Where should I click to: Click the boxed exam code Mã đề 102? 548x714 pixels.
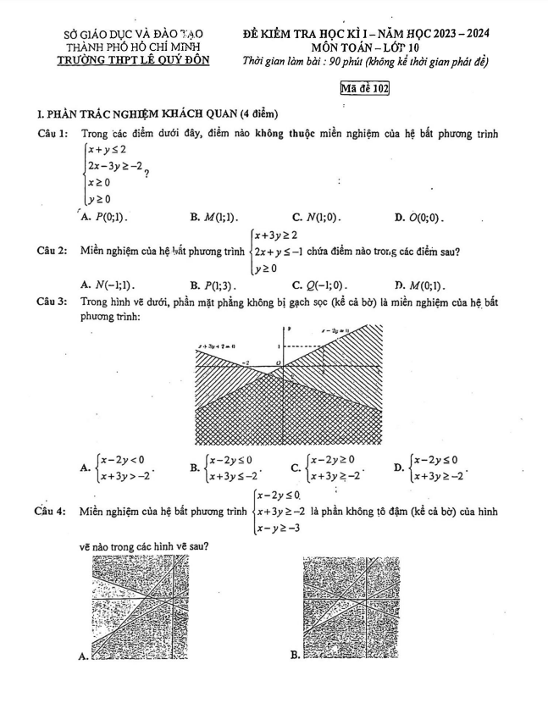tap(363, 87)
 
